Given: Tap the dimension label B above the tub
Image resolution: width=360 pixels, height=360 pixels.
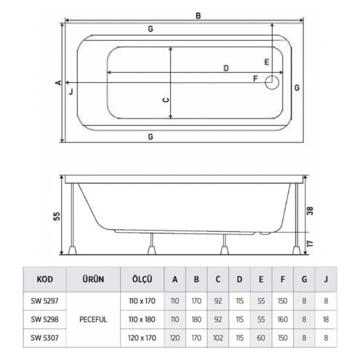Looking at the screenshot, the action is (198, 16).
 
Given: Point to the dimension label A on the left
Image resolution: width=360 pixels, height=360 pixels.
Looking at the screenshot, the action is (58, 83).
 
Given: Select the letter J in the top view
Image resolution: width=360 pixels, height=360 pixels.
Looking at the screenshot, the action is (71, 92).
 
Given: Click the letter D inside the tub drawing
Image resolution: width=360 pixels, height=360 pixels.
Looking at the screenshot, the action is (225, 68).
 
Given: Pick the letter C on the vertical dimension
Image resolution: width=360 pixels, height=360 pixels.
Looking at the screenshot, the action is (166, 100).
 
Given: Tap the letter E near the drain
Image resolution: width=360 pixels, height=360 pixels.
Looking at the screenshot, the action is (266, 63).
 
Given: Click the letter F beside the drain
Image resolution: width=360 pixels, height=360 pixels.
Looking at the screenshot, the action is (255, 79).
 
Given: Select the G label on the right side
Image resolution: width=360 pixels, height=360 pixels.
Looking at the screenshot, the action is (297, 87).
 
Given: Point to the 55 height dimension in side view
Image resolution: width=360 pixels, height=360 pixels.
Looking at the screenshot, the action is (57, 216).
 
